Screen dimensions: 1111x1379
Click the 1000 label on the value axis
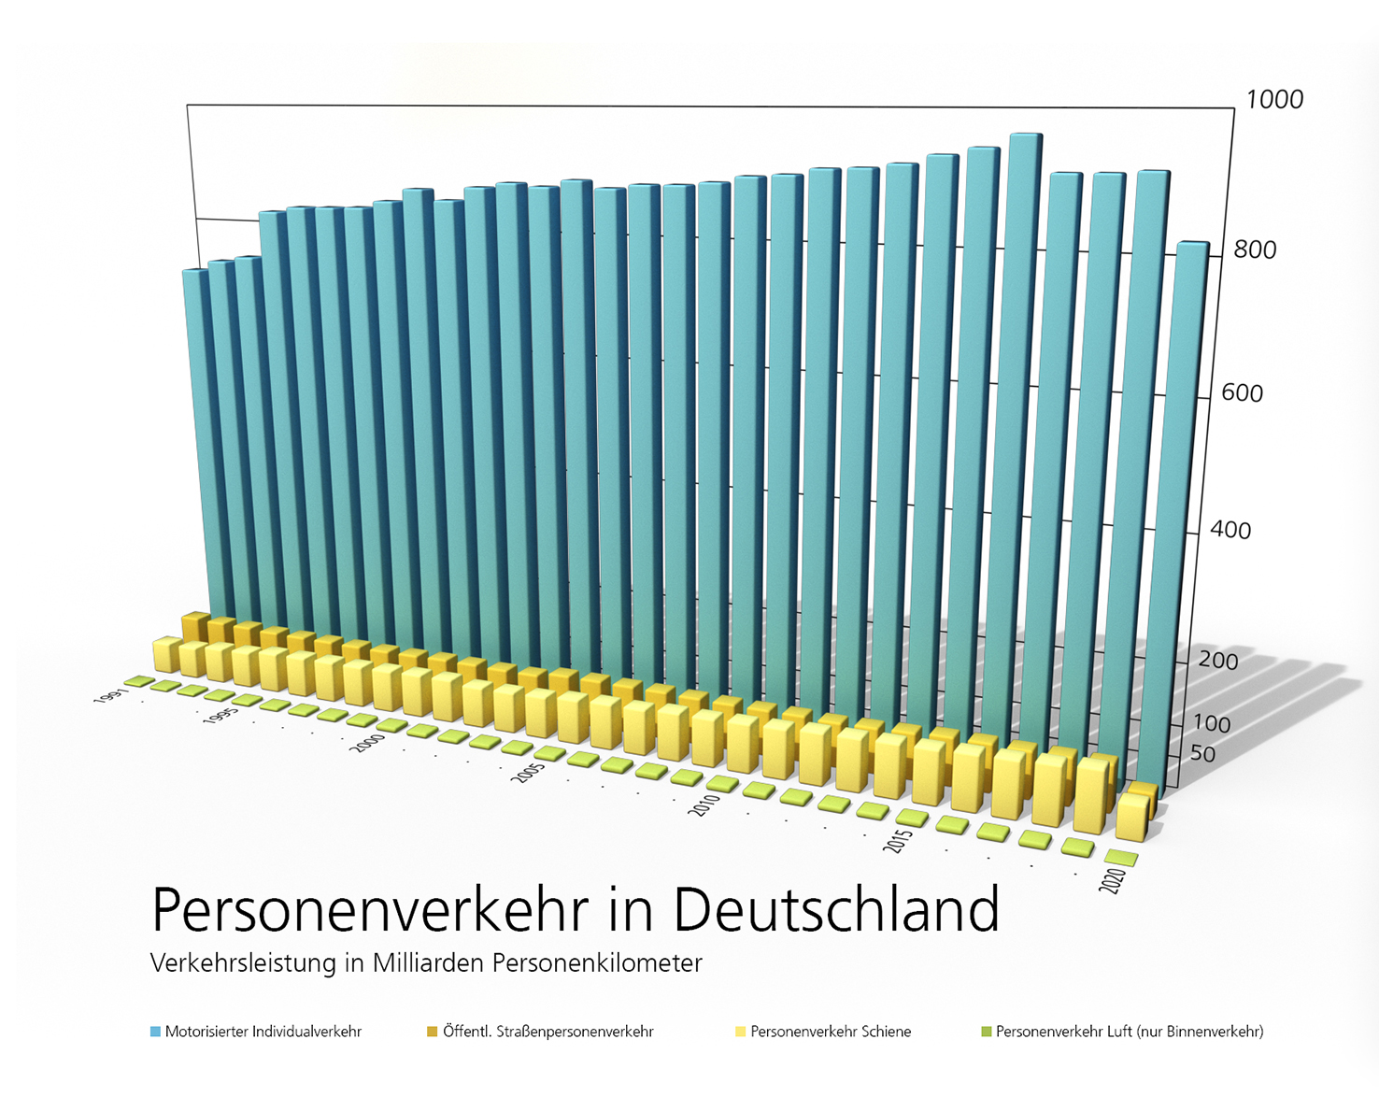pyautogui.click(x=1274, y=100)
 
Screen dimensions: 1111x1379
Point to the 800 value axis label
pyautogui.click(x=1255, y=250)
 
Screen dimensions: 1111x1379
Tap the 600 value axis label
pyautogui.click(x=1242, y=393)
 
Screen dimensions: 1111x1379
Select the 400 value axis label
pyautogui.click(x=1230, y=531)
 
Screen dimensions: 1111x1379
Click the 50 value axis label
pyautogui.click(x=1202, y=754)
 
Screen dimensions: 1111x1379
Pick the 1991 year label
pyautogui.click(x=108, y=696)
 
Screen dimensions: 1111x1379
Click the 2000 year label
pyautogui.click(x=368, y=743)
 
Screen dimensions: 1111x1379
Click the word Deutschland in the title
pyautogui.click(x=836, y=909)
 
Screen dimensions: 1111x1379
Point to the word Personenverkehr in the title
pyautogui.click(x=370, y=909)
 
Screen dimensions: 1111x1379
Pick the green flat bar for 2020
pyautogui.click(x=1121, y=857)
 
